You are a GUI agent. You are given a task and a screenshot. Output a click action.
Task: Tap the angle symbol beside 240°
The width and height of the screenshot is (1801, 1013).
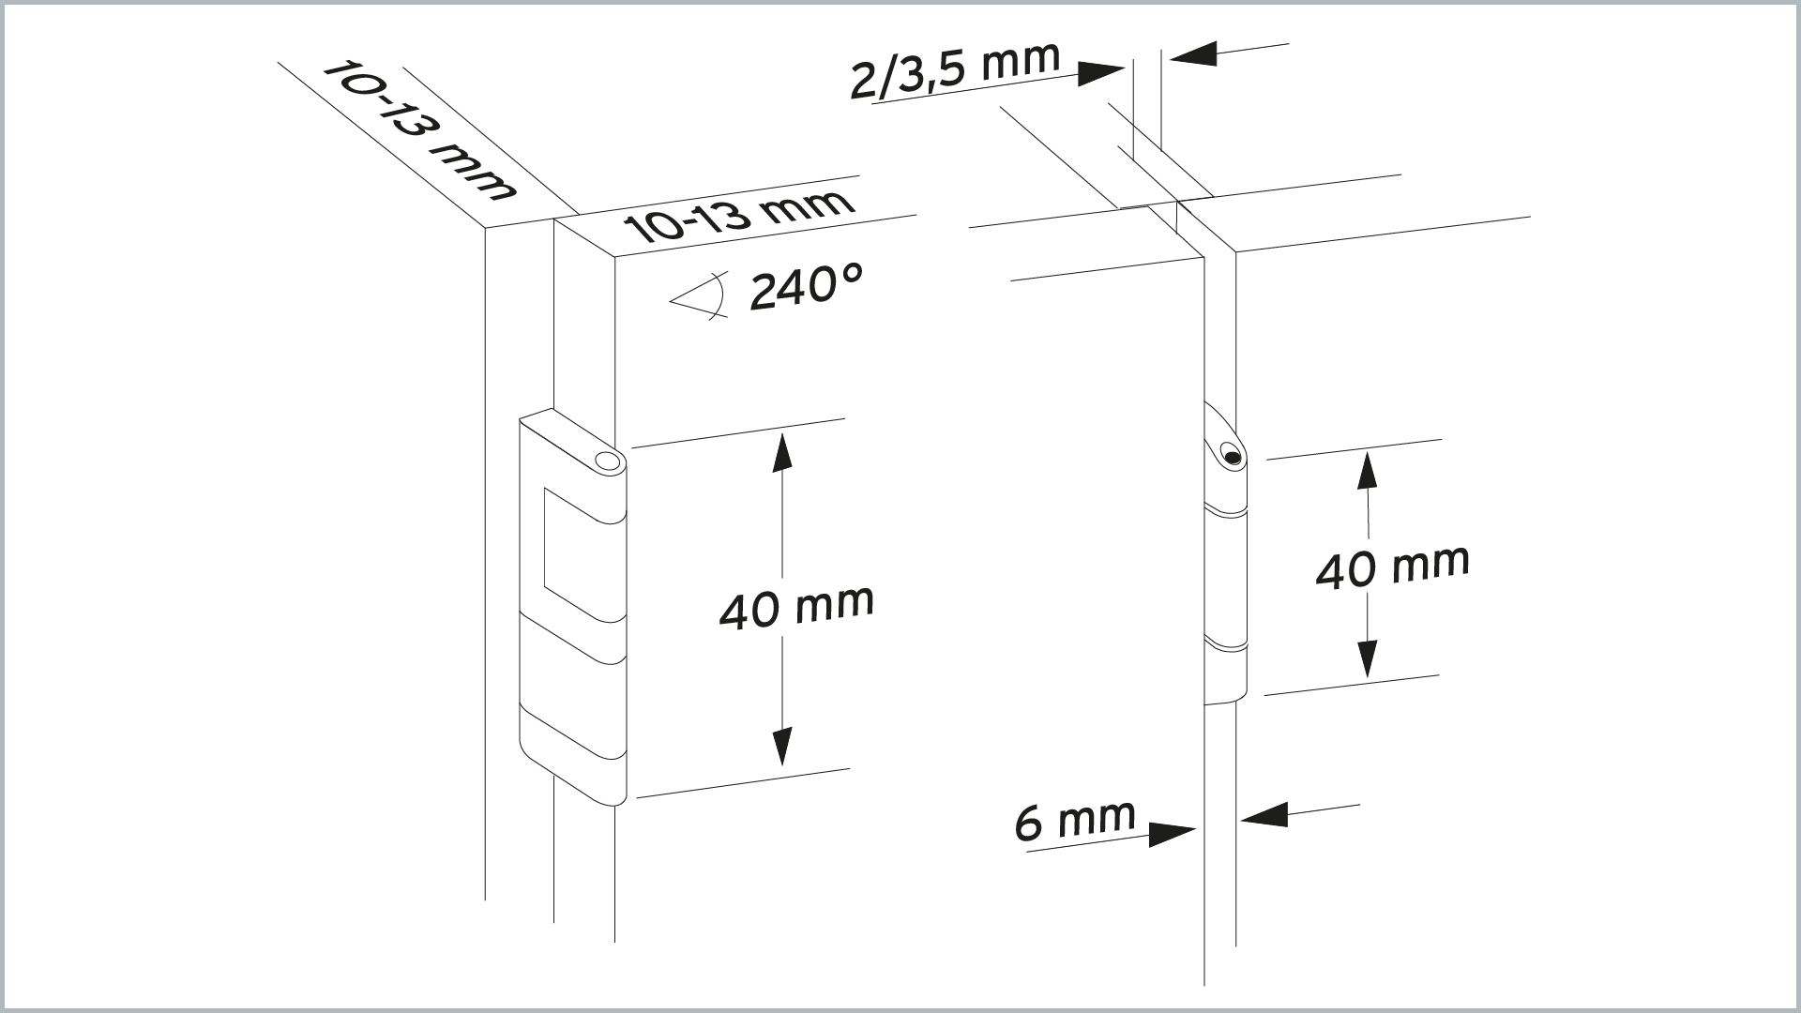pyautogui.click(x=700, y=296)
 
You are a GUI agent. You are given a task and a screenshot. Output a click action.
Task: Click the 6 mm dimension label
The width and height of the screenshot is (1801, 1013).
pyautogui.click(x=1075, y=821)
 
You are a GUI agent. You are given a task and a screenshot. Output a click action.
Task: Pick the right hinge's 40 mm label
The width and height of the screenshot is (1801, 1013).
pyautogui.click(x=1392, y=567)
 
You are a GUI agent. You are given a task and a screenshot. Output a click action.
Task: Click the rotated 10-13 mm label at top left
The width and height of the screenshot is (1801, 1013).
pyautogui.click(x=419, y=131)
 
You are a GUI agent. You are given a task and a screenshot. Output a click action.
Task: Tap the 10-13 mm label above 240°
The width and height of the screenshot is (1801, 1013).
pyautogui.click(x=738, y=216)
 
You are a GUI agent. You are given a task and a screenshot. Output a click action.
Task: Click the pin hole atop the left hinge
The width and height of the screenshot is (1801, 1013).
pyautogui.click(x=608, y=461)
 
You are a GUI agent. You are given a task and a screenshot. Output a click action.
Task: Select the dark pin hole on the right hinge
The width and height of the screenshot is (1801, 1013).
pyautogui.click(x=1232, y=457)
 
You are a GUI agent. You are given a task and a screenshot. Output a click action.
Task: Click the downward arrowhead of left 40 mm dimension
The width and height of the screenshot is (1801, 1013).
pyautogui.click(x=781, y=747)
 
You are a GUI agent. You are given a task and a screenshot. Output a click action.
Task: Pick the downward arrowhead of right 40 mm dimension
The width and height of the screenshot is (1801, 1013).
pyautogui.click(x=1368, y=658)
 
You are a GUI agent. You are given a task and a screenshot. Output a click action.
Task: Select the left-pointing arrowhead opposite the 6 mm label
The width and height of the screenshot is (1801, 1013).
pyautogui.click(x=1264, y=815)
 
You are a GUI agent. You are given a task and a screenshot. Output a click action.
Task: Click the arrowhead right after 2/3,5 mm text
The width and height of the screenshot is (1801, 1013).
pyautogui.click(x=1101, y=72)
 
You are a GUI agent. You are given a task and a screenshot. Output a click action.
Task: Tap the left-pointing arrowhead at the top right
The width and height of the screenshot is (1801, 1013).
pyautogui.click(x=1193, y=54)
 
